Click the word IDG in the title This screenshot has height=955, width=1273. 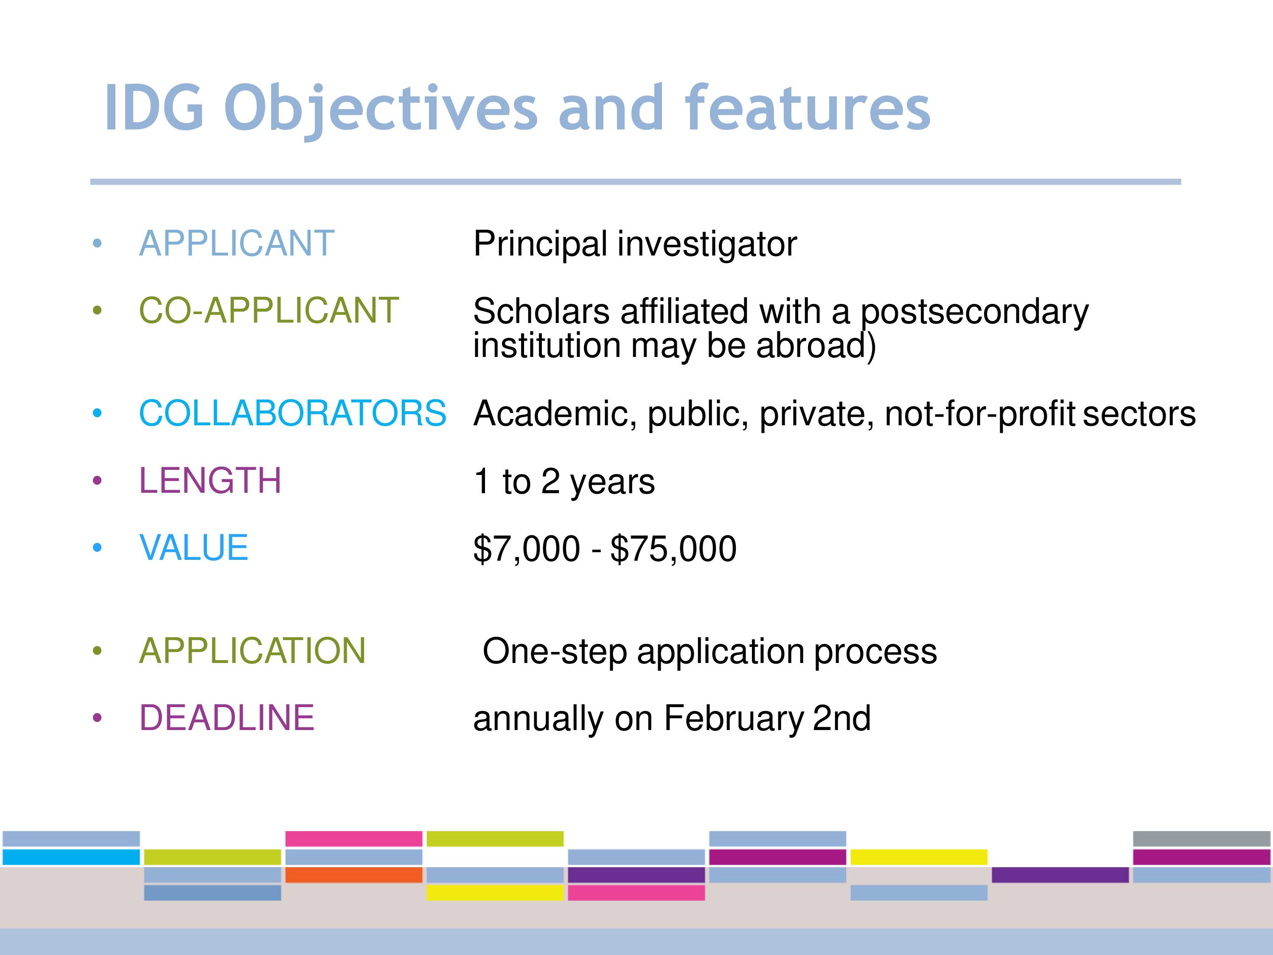click(x=154, y=108)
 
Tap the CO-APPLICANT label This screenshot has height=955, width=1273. click(x=269, y=310)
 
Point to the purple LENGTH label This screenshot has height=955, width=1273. click(x=210, y=480)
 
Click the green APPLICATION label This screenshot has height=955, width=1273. click(x=252, y=651)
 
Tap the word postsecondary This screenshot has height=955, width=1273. click(x=974, y=312)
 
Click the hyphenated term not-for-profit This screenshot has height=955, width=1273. click(x=979, y=414)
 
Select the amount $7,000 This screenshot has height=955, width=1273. click(x=527, y=548)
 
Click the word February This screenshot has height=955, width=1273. click(x=734, y=719)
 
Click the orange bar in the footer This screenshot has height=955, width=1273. click(x=354, y=875)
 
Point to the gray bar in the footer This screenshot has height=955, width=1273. click(x=1202, y=839)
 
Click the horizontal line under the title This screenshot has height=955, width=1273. click(x=635, y=182)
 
